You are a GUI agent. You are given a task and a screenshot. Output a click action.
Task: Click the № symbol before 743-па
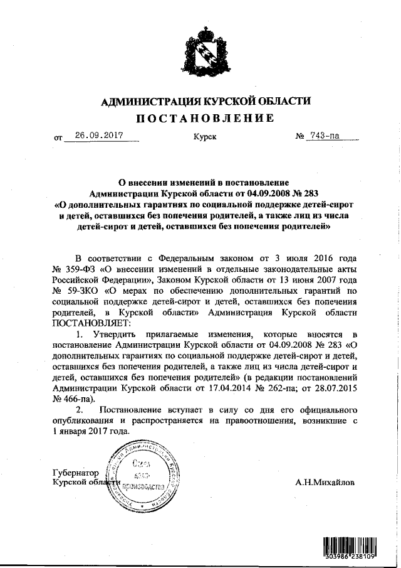[299, 136]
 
